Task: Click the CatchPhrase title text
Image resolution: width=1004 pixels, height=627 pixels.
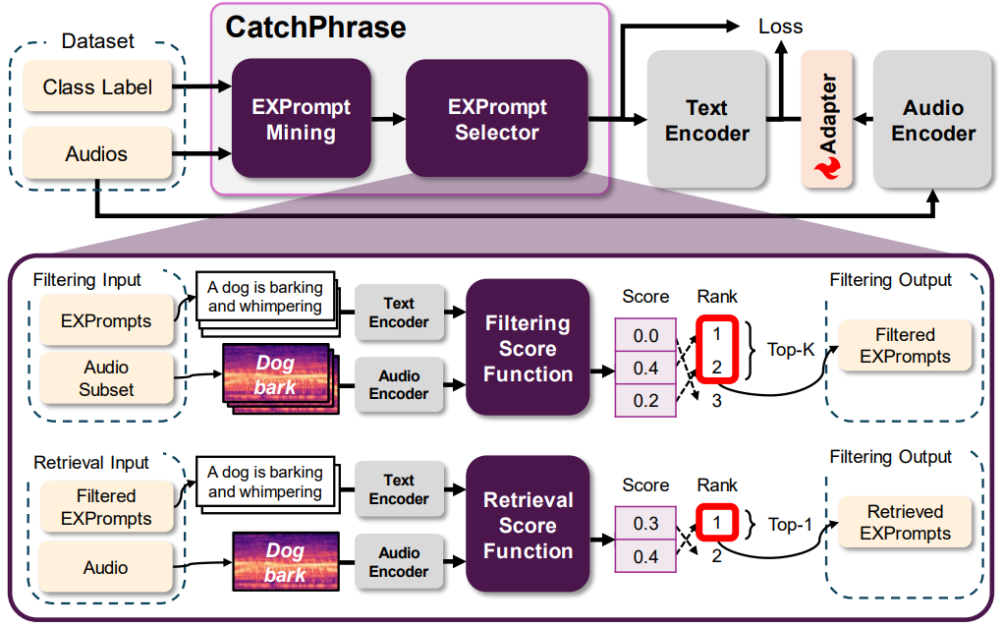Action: click(315, 27)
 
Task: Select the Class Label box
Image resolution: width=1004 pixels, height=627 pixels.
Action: click(97, 87)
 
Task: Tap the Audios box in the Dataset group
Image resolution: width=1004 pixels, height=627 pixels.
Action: click(97, 154)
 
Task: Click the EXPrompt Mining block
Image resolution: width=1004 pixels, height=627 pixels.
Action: click(301, 119)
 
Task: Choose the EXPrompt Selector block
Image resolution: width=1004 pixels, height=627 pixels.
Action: click(496, 119)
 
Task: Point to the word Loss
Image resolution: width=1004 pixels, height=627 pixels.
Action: click(780, 27)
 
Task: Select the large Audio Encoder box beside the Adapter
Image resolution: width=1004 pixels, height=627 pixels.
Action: click(932, 121)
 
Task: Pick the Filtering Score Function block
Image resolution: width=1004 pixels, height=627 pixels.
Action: click(528, 349)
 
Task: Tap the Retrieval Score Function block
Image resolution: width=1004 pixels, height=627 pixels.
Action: click(528, 526)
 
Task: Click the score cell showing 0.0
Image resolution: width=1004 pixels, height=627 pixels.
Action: click(645, 337)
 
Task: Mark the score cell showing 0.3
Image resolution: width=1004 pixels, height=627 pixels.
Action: click(645, 524)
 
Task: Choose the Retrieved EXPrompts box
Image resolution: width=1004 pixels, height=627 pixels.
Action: click(905, 523)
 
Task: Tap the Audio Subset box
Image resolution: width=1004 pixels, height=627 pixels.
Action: click(106, 378)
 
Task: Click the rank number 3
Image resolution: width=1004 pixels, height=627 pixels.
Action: click(716, 401)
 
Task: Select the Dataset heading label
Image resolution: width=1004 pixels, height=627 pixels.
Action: click(97, 41)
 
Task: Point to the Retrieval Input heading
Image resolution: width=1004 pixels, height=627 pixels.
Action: click(91, 462)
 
